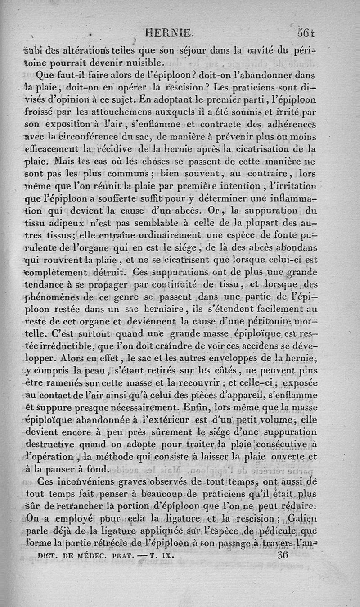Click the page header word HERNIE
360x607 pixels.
click(x=172, y=32)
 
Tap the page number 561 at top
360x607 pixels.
click(x=305, y=32)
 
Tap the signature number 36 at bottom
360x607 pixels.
click(x=283, y=555)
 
